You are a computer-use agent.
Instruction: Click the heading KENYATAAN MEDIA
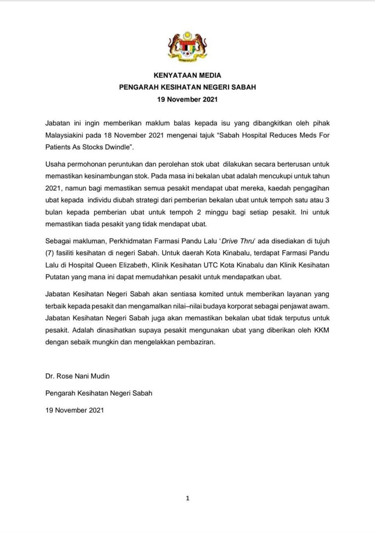(187, 75)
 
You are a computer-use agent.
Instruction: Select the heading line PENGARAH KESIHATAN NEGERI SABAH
(187, 87)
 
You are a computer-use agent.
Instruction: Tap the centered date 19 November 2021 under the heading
(187, 100)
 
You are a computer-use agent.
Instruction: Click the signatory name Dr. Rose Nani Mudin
(78, 376)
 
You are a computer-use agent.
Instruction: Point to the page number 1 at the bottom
(187, 498)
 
